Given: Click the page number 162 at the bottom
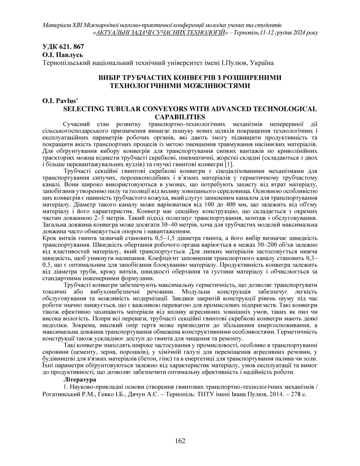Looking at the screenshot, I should (x=180, y=441).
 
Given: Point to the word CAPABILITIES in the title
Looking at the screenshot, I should (x=180, y=116).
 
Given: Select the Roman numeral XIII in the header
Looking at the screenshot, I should (x=79, y=25).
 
